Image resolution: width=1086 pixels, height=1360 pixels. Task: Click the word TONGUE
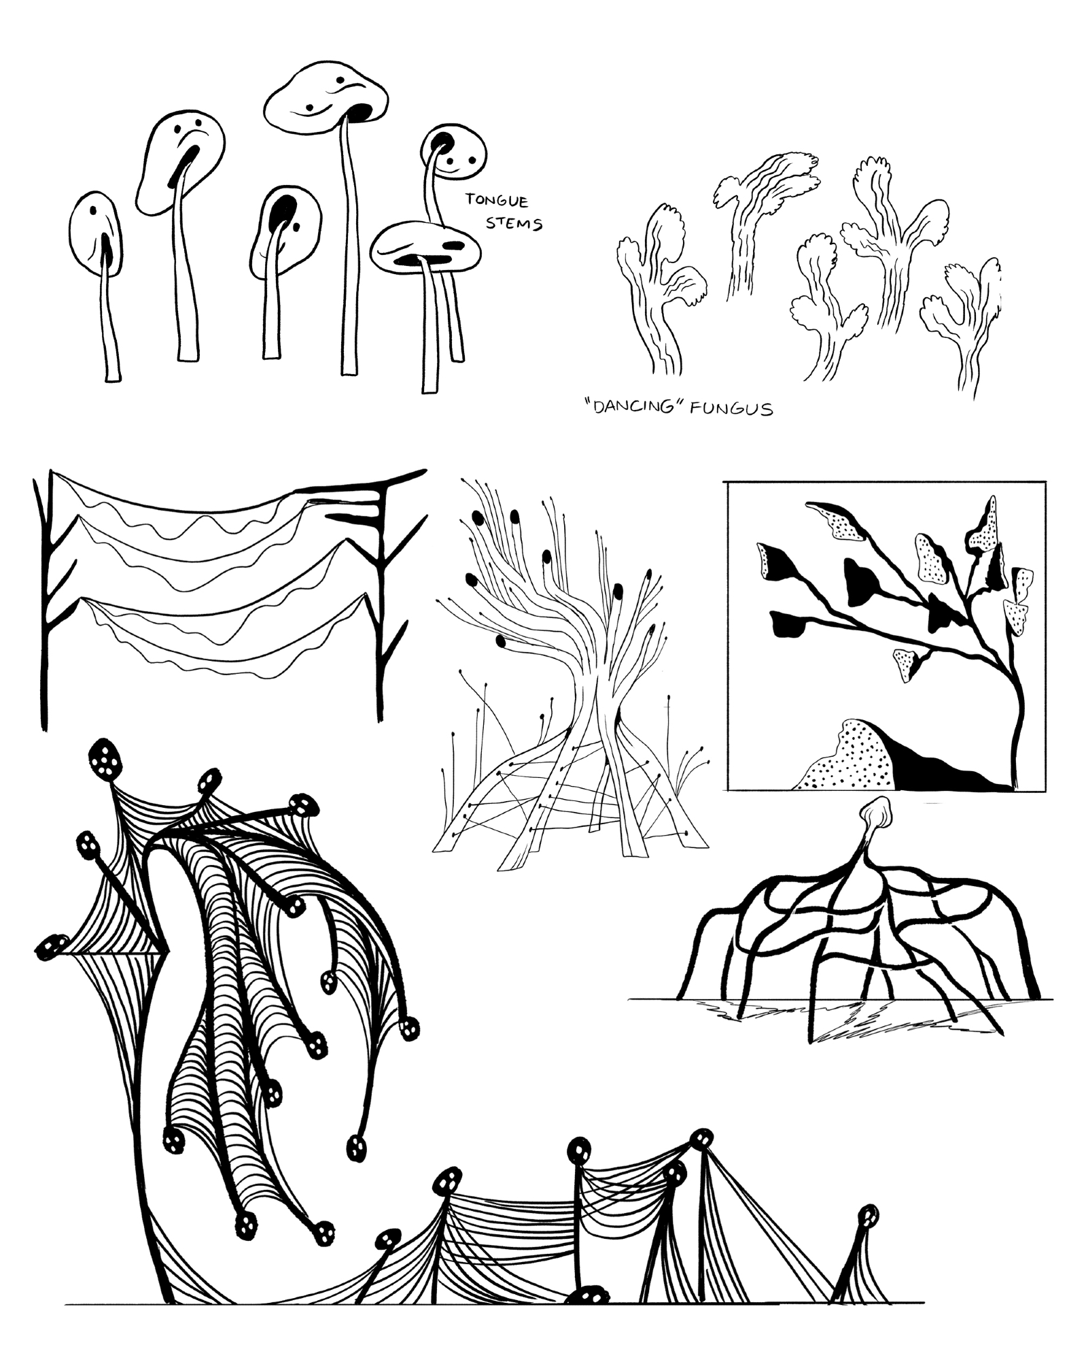click(x=496, y=200)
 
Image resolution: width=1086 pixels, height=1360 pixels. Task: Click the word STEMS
click(x=514, y=222)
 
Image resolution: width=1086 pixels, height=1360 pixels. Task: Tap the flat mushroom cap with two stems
click(x=426, y=247)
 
